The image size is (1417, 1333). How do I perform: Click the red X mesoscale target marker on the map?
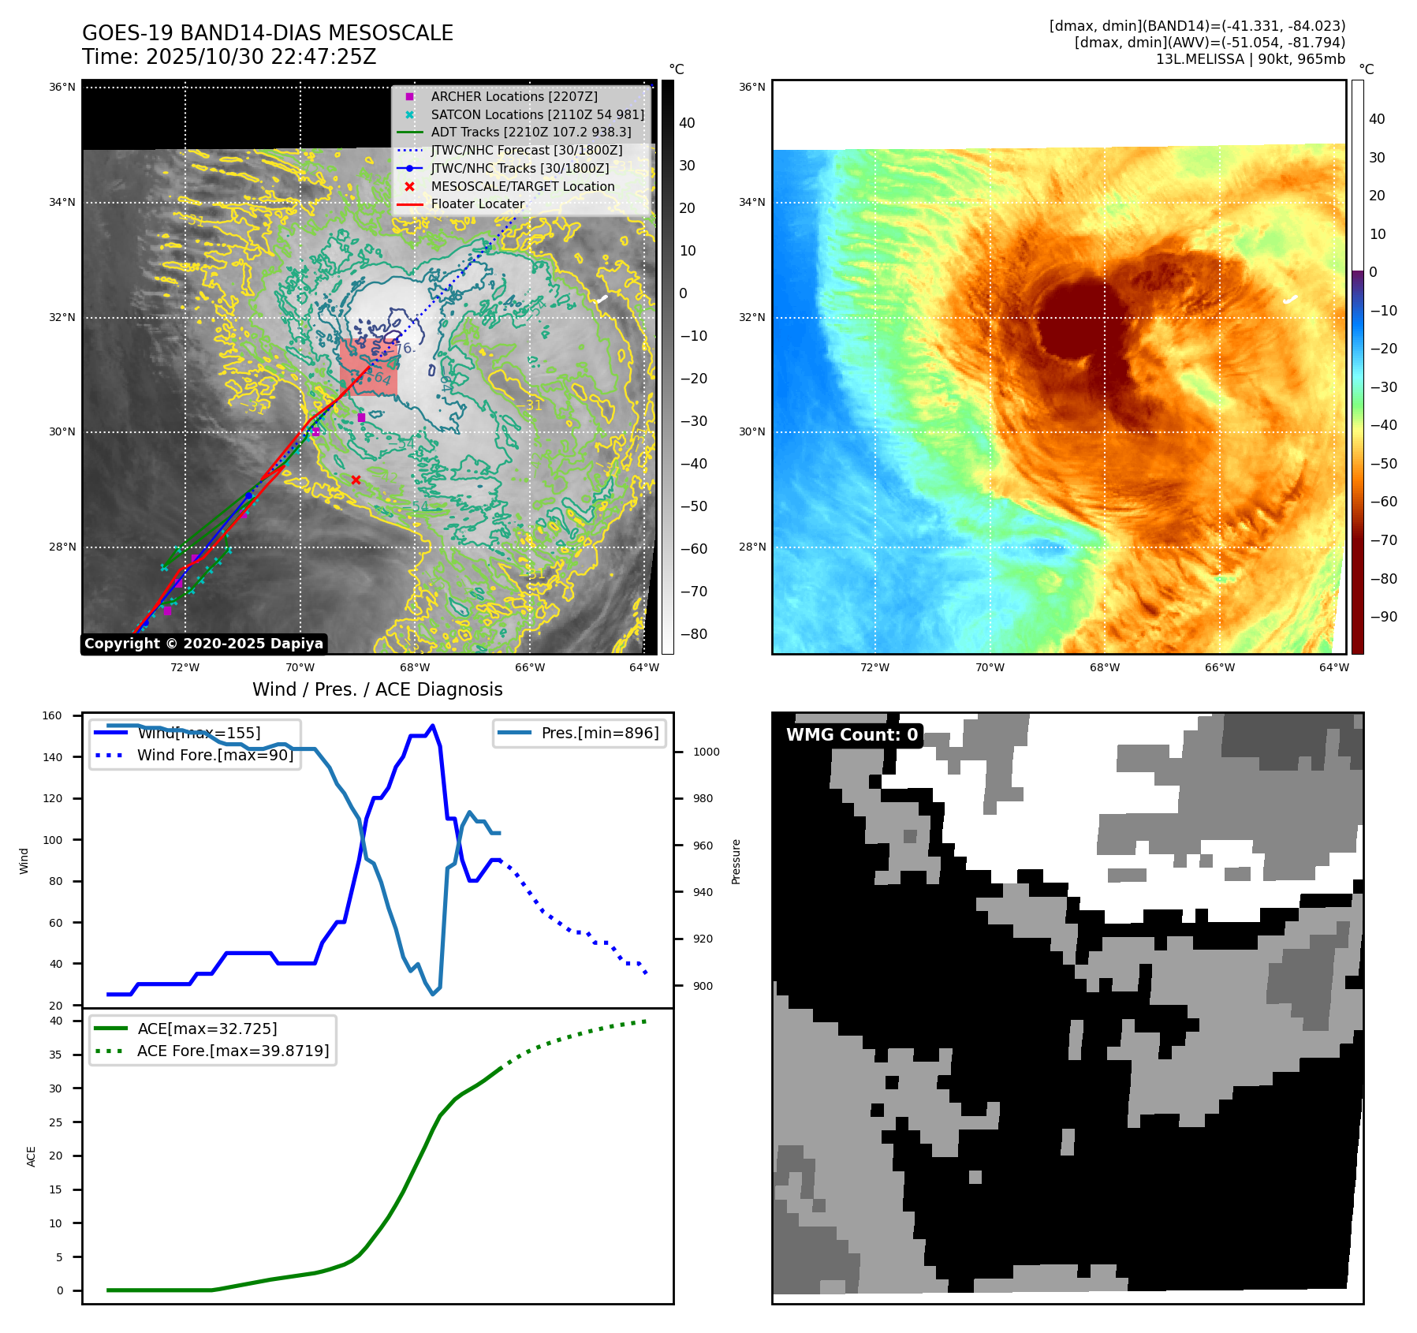(x=356, y=480)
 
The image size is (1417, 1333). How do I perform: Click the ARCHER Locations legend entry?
(x=513, y=96)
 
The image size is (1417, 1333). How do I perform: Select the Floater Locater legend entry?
(x=477, y=203)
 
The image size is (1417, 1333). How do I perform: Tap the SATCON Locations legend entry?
(x=537, y=114)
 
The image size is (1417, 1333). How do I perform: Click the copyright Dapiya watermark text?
(x=203, y=644)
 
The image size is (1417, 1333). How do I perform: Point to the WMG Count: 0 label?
(x=852, y=735)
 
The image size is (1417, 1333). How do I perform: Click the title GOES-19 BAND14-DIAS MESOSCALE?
(x=267, y=33)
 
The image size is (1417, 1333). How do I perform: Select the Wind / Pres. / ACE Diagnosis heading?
(x=377, y=689)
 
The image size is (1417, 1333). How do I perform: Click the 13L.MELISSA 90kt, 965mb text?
(x=1250, y=59)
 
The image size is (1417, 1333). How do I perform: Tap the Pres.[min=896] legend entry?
(x=599, y=733)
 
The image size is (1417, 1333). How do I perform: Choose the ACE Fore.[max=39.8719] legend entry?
(x=233, y=1051)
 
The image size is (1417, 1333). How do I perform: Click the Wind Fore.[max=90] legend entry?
(x=214, y=755)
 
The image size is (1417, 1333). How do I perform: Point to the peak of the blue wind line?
(x=432, y=726)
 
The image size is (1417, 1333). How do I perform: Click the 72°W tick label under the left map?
(x=185, y=667)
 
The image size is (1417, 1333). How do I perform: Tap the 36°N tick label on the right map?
(x=751, y=87)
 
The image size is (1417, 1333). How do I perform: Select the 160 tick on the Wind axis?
(x=52, y=715)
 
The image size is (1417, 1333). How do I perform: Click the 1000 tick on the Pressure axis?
(x=706, y=752)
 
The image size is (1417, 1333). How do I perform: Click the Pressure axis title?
(x=736, y=861)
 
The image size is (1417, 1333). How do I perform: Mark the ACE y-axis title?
(x=32, y=1156)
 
